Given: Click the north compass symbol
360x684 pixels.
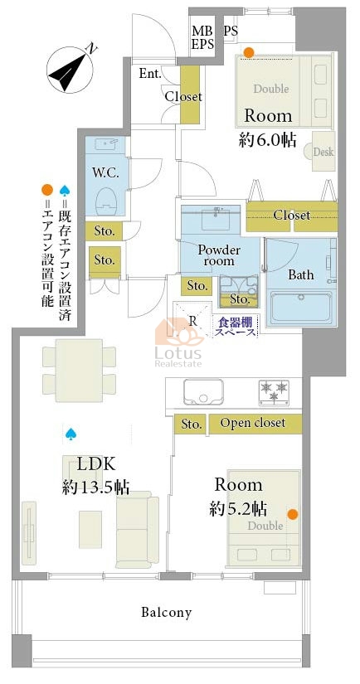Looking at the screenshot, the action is click(x=71, y=69).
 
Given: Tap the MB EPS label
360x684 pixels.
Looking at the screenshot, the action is click(x=203, y=37).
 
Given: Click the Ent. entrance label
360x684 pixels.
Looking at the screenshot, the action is click(x=149, y=74).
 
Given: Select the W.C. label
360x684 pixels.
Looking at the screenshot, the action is click(x=105, y=173).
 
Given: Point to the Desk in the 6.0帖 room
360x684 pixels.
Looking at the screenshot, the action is click(x=323, y=152).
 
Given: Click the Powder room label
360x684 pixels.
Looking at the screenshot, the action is click(x=219, y=255).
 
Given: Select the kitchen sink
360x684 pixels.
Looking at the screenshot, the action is click(x=203, y=391).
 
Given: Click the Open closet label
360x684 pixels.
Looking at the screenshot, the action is click(x=253, y=423).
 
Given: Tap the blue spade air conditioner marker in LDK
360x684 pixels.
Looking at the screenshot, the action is click(x=71, y=433).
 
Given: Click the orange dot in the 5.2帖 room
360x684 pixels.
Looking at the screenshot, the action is click(x=292, y=514).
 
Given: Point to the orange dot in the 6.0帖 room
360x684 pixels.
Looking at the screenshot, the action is click(x=248, y=53).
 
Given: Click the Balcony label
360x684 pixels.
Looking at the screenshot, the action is click(x=166, y=613).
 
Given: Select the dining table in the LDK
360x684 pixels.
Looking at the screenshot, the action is click(x=79, y=371).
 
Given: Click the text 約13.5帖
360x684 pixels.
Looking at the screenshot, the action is click(x=95, y=487).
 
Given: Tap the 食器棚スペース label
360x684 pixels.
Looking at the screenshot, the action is click(x=236, y=327).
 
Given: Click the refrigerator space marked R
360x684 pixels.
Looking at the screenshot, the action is click(x=192, y=320).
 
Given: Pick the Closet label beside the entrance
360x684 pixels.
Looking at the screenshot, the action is click(x=183, y=96).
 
